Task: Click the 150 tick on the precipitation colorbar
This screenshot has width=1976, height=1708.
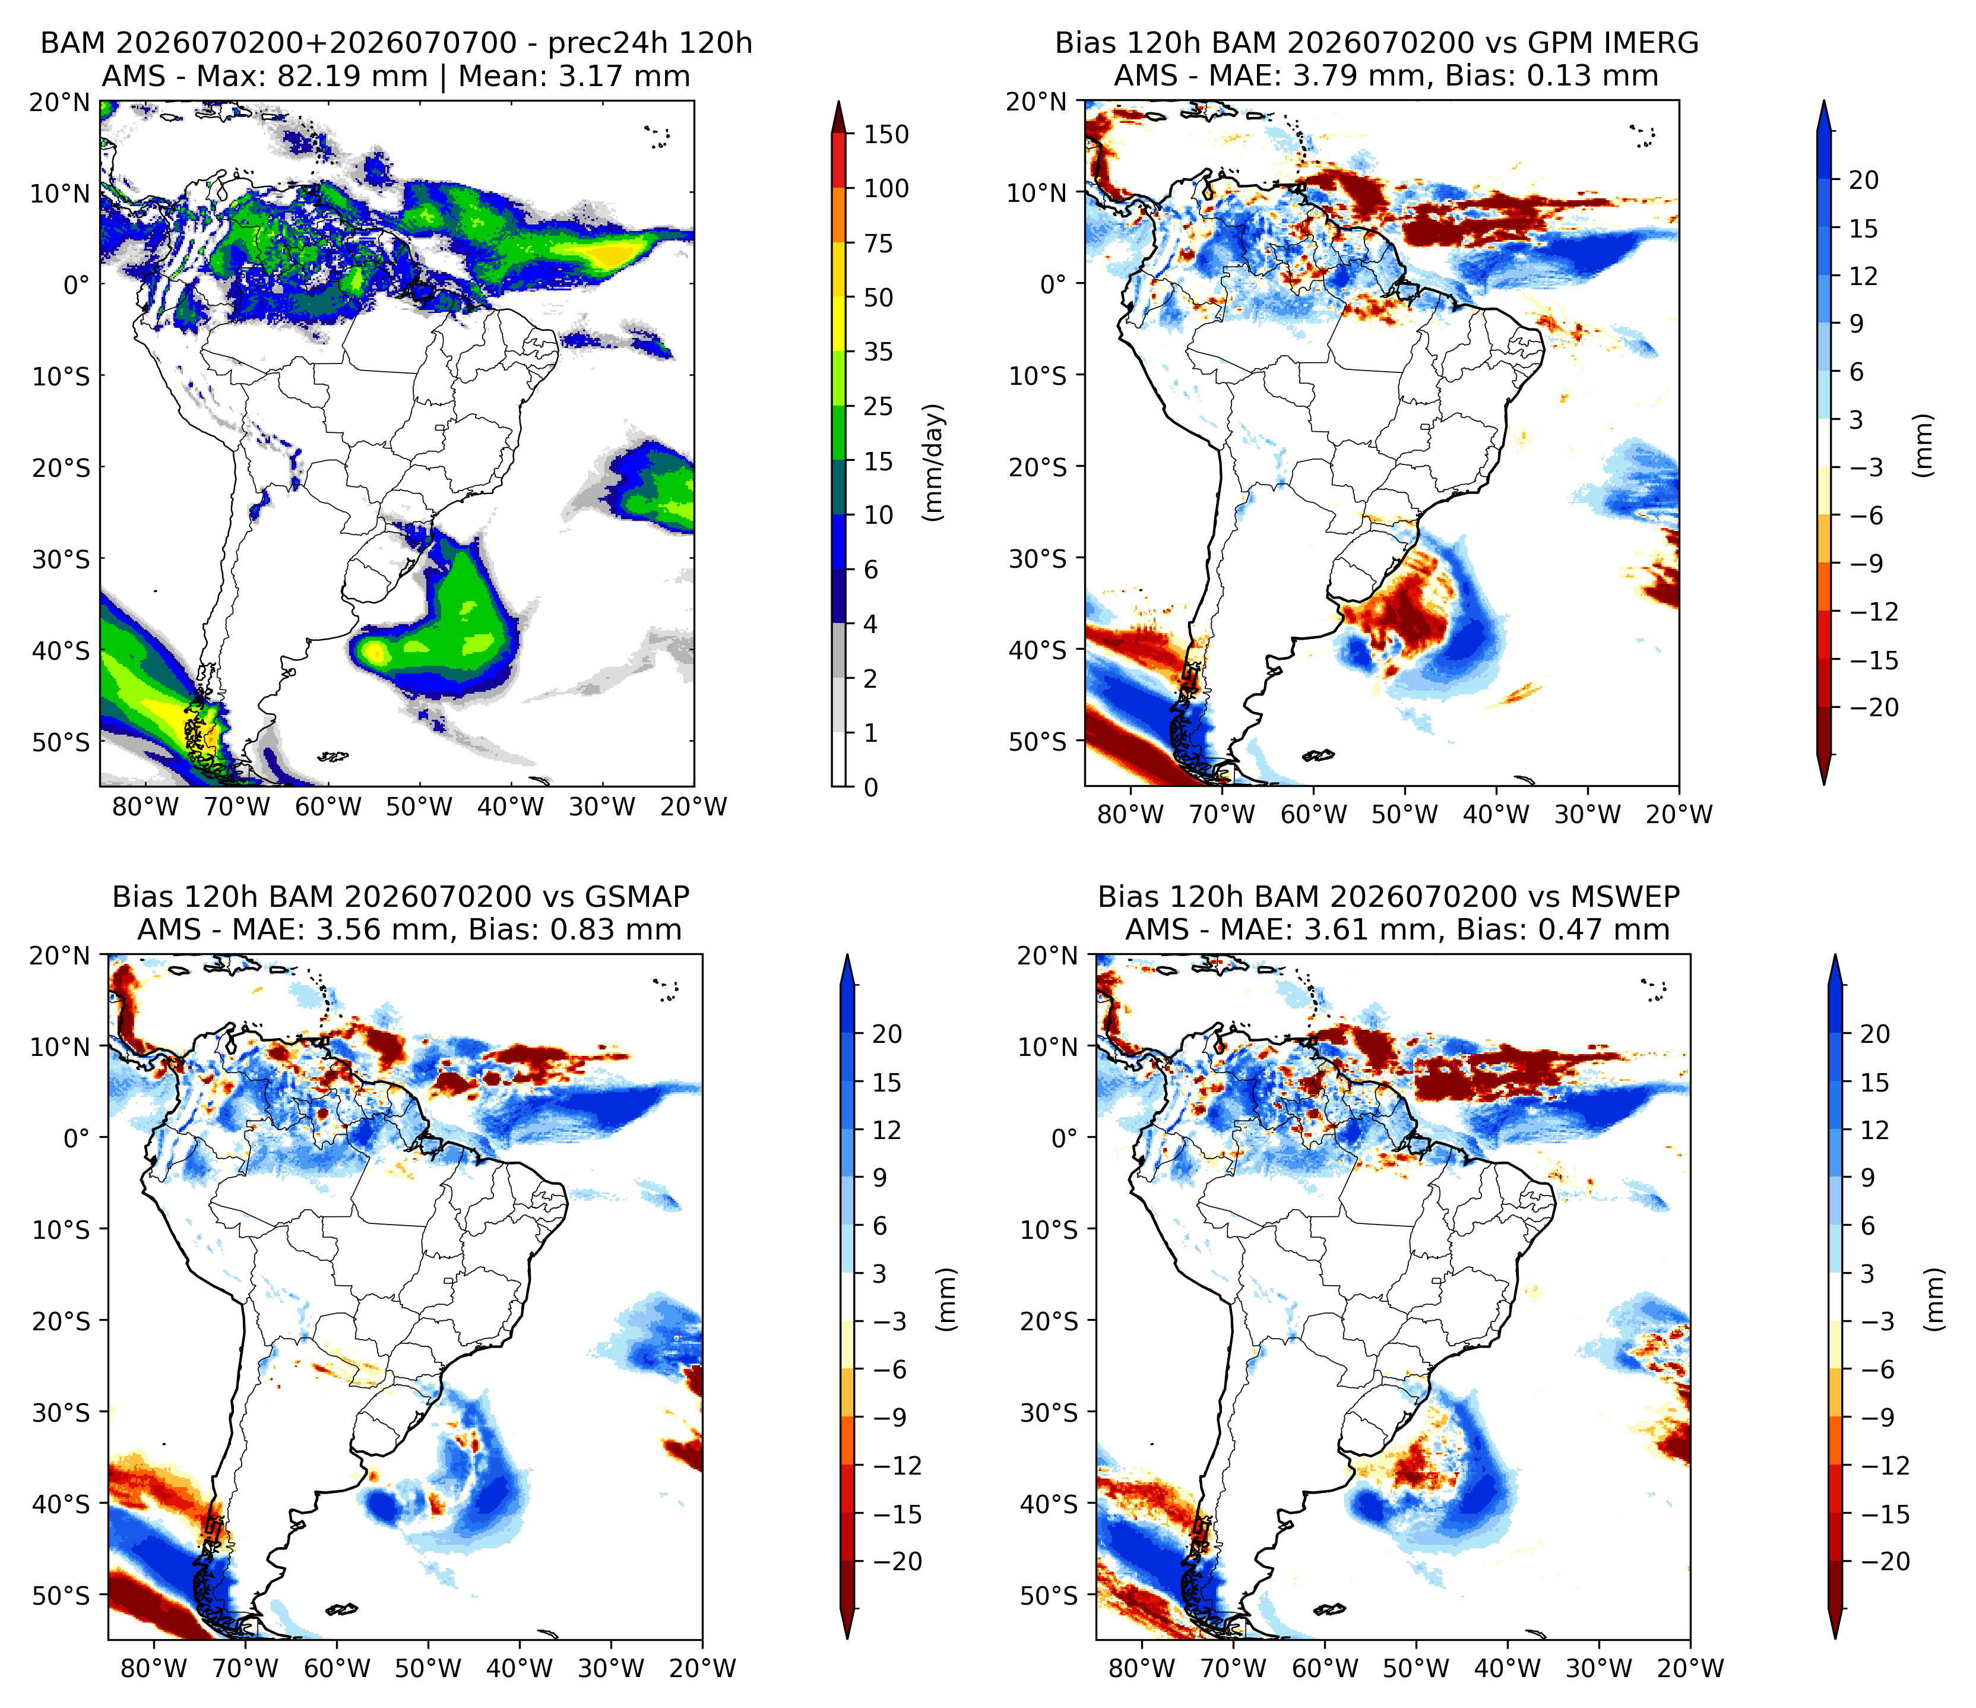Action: [x=886, y=134]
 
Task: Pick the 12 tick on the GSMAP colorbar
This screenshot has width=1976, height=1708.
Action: [x=886, y=1130]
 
